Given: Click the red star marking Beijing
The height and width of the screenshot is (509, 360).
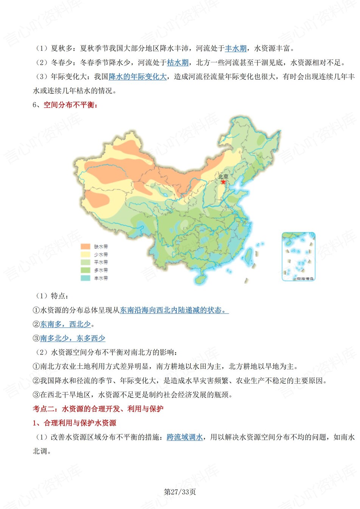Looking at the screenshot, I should (x=223, y=182).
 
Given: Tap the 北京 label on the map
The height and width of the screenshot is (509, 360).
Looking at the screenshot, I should (x=223, y=176).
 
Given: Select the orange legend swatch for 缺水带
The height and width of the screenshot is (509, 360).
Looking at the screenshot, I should (x=85, y=246).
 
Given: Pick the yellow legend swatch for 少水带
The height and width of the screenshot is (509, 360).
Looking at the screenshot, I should (x=85, y=254).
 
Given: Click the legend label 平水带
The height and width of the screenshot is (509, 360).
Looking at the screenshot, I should (x=101, y=262).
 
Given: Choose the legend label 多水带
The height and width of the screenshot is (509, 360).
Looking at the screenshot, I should (x=101, y=270).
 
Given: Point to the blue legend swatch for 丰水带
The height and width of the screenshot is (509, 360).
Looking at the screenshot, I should (x=85, y=278).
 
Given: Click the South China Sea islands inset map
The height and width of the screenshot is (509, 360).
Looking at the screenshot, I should (x=298, y=257).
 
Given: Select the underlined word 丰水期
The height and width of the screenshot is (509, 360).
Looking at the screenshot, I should (x=236, y=48).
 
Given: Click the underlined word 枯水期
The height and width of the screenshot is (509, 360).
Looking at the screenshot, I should (x=178, y=63).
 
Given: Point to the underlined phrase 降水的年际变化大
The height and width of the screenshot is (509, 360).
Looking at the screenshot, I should (x=138, y=77).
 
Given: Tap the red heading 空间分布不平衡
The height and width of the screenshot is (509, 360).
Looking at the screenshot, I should (x=71, y=105).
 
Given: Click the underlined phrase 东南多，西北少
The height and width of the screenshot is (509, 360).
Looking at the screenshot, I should (x=65, y=324).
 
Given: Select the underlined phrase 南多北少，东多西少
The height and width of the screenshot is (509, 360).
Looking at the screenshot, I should (x=73, y=338).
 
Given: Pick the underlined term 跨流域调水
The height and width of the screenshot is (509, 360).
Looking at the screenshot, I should (x=185, y=437).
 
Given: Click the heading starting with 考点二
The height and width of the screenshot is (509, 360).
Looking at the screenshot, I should (x=98, y=409).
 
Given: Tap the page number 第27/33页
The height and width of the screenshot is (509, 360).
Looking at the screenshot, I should (x=180, y=492).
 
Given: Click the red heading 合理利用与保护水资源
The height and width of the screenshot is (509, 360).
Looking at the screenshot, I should (x=80, y=423).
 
